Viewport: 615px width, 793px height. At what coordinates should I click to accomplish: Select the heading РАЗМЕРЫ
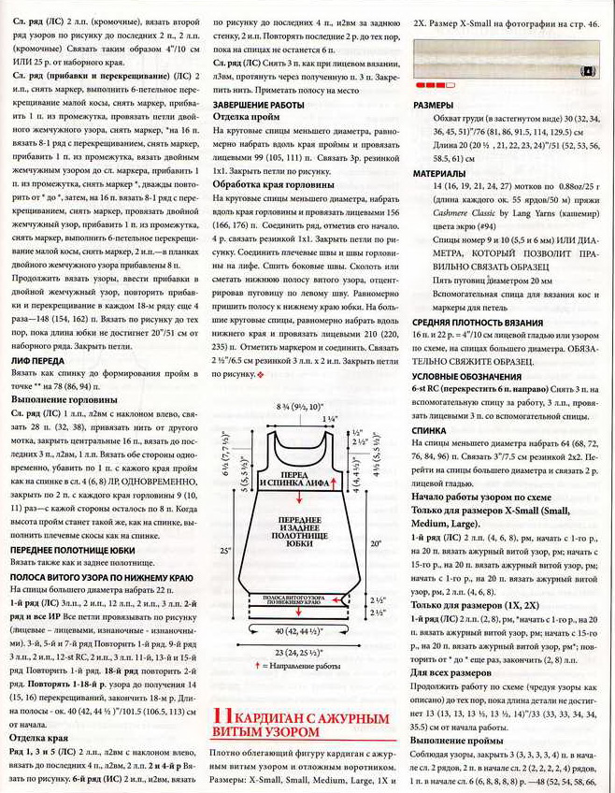[434, 106]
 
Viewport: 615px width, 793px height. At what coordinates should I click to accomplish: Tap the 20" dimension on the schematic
[377, 541]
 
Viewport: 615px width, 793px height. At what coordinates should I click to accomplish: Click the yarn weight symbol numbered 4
[589, 70]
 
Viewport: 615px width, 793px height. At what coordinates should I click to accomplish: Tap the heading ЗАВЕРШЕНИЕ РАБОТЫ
[259, 105]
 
